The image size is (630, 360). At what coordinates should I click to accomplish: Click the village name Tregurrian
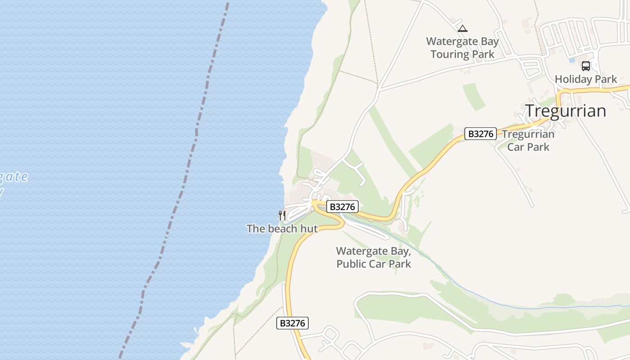coord(566,111)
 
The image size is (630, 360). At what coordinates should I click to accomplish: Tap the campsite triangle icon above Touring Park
coord(462,29)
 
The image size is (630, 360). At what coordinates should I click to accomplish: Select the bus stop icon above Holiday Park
coord(585,66)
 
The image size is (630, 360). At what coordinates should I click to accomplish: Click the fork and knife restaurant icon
coord(282,215)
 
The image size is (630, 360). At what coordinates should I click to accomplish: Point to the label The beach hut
coord(282,229)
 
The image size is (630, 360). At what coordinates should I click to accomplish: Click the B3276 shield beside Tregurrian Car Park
coord(480,134)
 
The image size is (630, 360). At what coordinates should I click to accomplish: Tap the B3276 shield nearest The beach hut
coord(342,207)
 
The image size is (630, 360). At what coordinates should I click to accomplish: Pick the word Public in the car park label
coord(351,264)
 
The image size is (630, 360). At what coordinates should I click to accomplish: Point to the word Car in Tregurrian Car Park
coord(516,147)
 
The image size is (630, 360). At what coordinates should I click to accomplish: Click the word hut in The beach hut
coord(309,229)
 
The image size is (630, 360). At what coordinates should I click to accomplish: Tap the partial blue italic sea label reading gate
coord(13,177)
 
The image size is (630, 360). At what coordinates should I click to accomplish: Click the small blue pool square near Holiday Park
coord(572,60)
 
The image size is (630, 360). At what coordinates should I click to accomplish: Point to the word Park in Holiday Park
coord(604,79)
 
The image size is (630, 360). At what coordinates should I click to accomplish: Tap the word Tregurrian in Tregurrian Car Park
coord(528,134)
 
